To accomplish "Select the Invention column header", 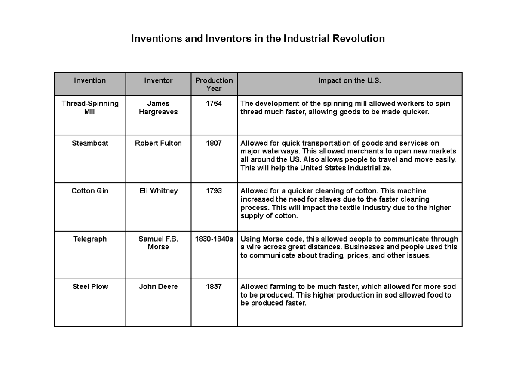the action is (90, 80).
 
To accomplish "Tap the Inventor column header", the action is (158, 80).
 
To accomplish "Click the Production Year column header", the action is (214, 84).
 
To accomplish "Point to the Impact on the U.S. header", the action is (350, 80).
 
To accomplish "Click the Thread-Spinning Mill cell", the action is (90, 108).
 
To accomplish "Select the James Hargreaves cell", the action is (158, 108).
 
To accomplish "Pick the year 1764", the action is (214, 104).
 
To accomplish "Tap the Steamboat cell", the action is (90, 143).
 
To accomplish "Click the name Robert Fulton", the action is (158, 143).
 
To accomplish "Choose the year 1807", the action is (214, 143).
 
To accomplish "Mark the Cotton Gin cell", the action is (90, 191).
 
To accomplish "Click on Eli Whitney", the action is (158, 191).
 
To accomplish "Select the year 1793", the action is (214, 191).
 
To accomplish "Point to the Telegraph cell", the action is (90, 239).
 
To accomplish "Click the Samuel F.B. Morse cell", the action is (158, 243).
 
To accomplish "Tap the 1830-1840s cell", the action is (214, 239).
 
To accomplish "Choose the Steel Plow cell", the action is (90, 287).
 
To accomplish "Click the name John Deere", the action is (158, 287).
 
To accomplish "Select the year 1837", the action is (214, 287).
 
